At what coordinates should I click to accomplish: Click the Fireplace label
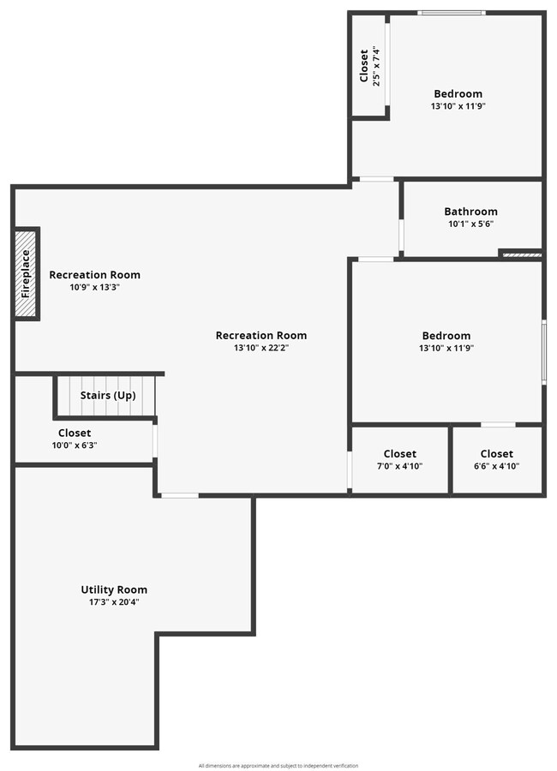point(27,273)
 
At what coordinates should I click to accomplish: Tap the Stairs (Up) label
point(108,396)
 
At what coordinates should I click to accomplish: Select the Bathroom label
point(470,212)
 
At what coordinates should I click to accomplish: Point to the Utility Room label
point(114,589)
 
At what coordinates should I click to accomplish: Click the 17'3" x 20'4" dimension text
point(114,602)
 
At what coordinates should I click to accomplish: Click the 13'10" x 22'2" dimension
point(261,348)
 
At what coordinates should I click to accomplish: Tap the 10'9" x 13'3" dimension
point(94,288)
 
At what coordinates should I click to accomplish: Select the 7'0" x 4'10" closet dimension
point(399,466)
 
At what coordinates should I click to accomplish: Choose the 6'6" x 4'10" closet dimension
point(496,466)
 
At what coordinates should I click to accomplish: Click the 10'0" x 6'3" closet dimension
point(75,445)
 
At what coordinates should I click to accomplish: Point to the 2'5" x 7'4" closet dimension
point(374,65)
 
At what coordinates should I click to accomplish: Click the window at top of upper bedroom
point(452,13)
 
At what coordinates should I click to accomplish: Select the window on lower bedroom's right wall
point(543,351)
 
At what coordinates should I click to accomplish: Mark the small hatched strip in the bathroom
point(520,254)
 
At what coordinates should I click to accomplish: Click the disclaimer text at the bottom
point(278,765)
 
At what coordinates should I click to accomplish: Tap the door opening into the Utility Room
point(180,495)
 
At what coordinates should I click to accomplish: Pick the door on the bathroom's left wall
point(400,234)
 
